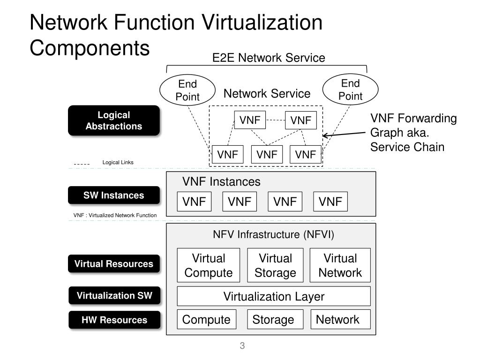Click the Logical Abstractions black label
click(x=114, y=120)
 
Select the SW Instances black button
click(x=114, y=195)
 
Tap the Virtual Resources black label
click(x=114, y=263)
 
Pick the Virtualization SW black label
click(x=114, y=295)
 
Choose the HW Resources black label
click(x=114, y=320)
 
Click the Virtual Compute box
click(x=209, y=265)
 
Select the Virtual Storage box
click(x=275, y=265)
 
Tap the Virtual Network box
click(x=340, y=265)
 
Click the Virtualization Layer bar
click(x=274, y=296)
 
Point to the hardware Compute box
click(x=207, y=320)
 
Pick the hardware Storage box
click(x=275, y=320)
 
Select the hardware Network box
click(x=340, y=320)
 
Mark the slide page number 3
click(x=242, y=345)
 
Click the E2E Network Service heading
click(x=269, y=58)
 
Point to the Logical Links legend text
click(x=118, y=162)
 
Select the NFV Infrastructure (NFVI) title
click(x=273, y=234)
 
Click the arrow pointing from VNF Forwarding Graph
click(x=344, y=134)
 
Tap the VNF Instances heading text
click(x=221, y=181)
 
